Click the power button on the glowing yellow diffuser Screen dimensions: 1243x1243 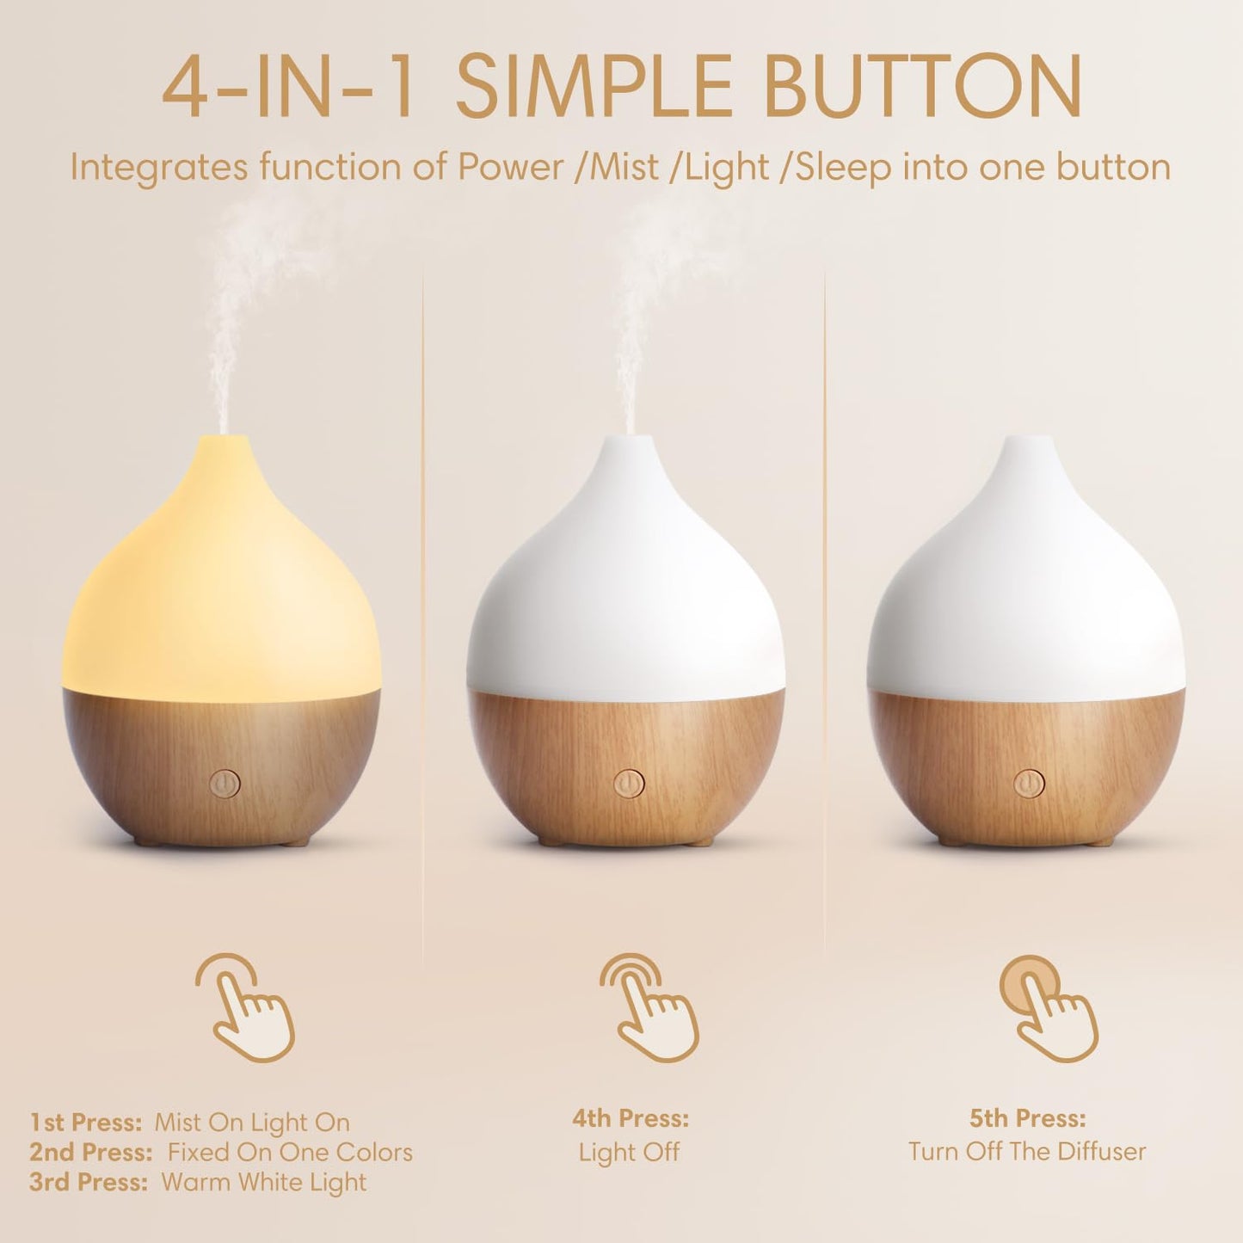click(x=225, y=784)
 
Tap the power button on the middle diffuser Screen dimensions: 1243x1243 click(x=629, y=784)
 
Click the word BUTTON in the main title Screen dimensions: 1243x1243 click(x=921, y=87)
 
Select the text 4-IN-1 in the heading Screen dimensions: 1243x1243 click(x=289, y=87)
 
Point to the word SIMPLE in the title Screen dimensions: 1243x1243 click(x=594, y=87)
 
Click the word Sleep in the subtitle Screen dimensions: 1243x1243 click(x=843, y=167)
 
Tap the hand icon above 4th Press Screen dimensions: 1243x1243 click(x=649, y=1007)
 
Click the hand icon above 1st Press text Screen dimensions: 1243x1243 click(x=245, y=1007)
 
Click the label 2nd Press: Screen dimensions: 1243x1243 click(x=91, y=1153)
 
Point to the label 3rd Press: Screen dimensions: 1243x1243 click(x=89, y=1183)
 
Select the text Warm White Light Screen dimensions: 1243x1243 click(x=263, y=1183)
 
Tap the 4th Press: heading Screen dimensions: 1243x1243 click(x=631, y=1118)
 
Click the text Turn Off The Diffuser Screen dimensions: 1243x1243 click(x=1027, y=1151)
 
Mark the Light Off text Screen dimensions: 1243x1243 click(x=629, y=1152)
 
